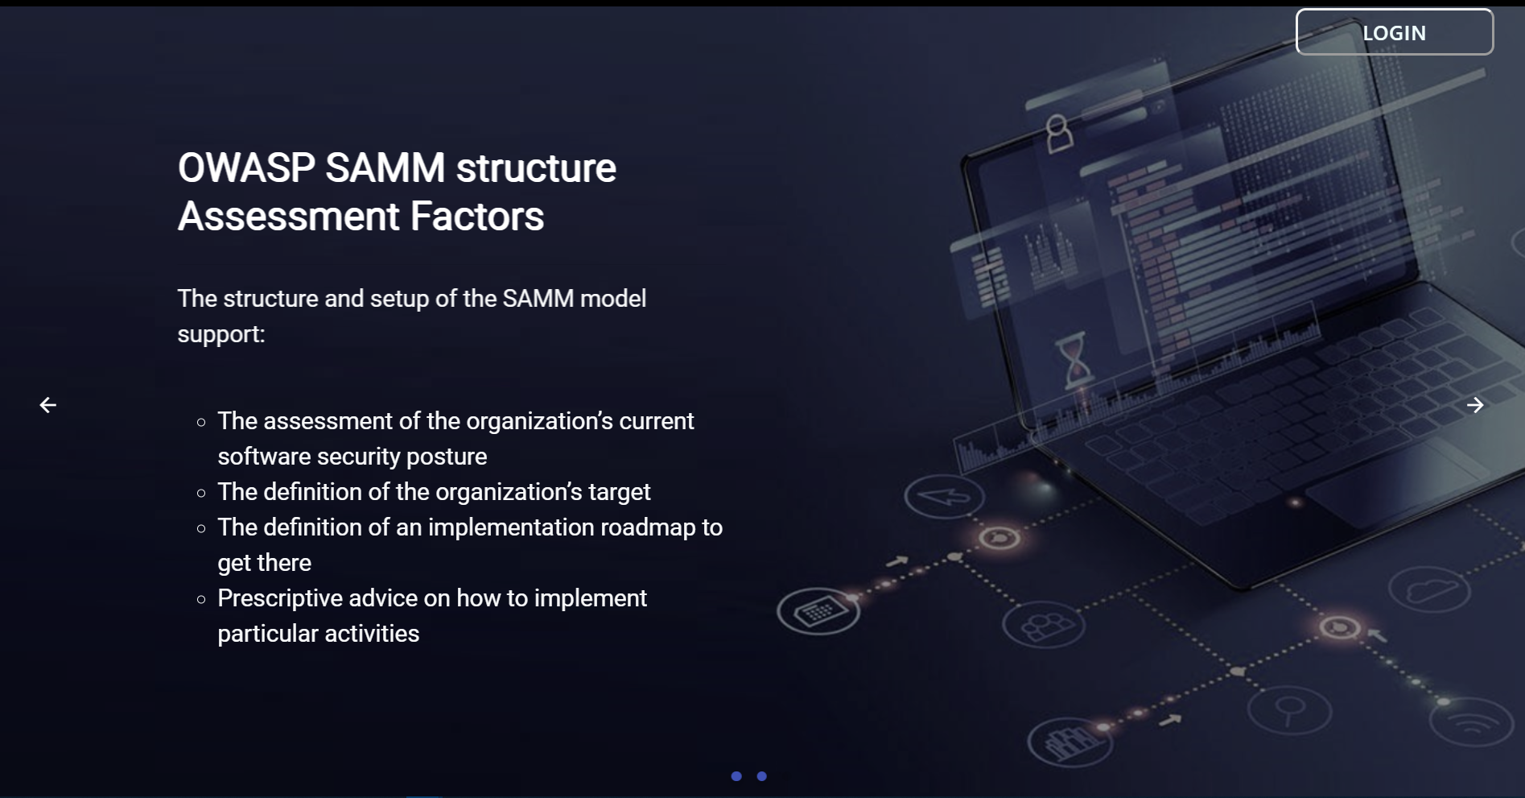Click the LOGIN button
[x=1394, y=32]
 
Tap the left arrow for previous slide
[x=48, y=405]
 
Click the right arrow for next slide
[x=1474, y=405]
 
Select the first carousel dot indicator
[x=736, y=776]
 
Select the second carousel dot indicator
[x=762, y=776]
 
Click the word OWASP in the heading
[x=246, y=168]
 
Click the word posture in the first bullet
[x=447, y=457]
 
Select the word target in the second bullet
[x=619, y=492]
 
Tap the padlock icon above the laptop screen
[x=1058, y=133]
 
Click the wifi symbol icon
[x=1472, y=721]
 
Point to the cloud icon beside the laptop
[x=1430, y=591]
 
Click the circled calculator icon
[x=818, y=611]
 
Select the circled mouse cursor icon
[x=944, y=496]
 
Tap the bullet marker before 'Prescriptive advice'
[x=201, y=599]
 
